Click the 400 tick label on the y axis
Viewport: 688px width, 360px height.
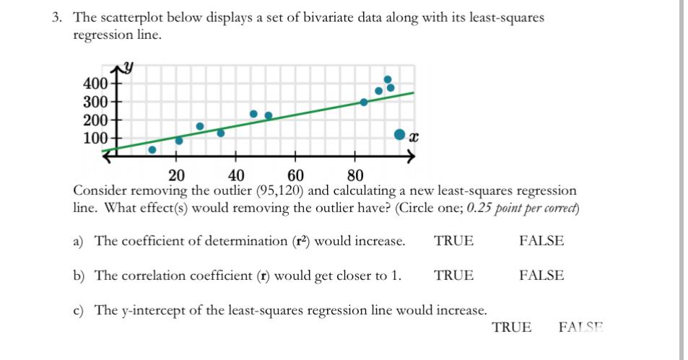click(x=95, y=83)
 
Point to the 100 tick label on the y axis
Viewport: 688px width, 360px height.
click(x=95, y=137)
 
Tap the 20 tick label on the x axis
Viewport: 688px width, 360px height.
click(x=176, y=175)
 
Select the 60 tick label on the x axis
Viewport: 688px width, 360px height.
click(x=295, y=175)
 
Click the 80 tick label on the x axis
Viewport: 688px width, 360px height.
click(x=354, y=175)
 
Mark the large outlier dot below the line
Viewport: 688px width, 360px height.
click(x=399, y=134)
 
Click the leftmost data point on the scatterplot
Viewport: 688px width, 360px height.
click(x=152, y=150)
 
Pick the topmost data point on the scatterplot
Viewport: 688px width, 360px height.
click(x=388, y=79)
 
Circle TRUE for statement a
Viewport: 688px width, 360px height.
click(x=453, y=241)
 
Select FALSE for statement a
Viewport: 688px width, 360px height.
click(x=541, y=241)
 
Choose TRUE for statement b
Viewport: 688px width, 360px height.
click(x=453, y=276)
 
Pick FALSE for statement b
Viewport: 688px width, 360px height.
click(x=541, y=276)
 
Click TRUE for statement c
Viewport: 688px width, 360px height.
click(x=511, y=328)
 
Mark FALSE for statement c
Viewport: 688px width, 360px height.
click(x=580, y=328)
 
